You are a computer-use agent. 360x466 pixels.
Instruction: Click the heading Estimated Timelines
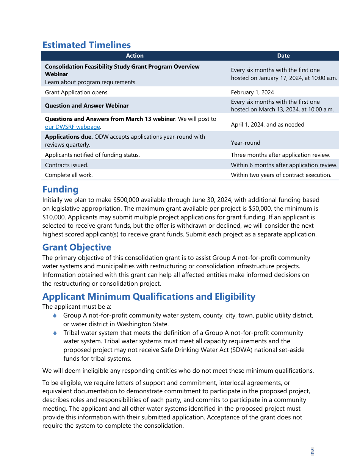point(86,45)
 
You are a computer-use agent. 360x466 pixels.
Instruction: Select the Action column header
point(135,56)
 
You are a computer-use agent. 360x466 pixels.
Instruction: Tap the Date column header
point(283,56)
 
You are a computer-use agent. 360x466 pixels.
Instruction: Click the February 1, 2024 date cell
point(252,92)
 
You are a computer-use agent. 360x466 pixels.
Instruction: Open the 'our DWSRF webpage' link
point(72,127)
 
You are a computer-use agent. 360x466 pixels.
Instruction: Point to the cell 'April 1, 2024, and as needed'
point(268,125)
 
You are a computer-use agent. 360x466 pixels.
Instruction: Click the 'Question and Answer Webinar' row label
point(87,106)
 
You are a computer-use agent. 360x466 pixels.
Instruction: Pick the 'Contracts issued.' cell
point(67,165)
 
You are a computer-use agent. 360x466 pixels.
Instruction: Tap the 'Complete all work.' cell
point(69,175)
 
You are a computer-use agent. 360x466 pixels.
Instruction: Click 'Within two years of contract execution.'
point(281,175)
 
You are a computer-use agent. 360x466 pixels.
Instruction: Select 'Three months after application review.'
point(280,155)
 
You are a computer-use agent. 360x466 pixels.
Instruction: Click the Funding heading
point(60,189)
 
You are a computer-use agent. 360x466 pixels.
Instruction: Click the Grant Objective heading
point(77,247)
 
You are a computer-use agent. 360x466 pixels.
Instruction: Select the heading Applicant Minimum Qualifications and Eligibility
point(149,297)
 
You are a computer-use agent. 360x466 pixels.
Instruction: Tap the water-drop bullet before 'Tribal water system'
point(55,333)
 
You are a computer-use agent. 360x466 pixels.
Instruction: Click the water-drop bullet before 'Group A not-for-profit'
point(55,316)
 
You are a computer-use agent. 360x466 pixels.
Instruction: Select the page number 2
point(312,452)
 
